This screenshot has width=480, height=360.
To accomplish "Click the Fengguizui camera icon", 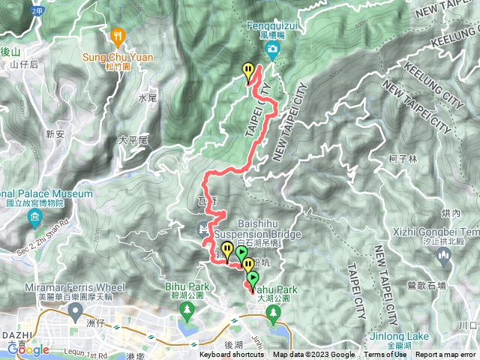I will pos(272,50).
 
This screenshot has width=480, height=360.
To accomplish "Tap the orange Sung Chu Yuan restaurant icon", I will pos(118,35).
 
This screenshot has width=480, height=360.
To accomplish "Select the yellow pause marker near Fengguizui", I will pos(248,71).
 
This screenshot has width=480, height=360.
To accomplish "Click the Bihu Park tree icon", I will pos(184,310).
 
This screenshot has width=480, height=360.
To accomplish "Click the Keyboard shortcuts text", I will pos(232,355).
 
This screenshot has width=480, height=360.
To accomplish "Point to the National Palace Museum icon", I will pos(34,219).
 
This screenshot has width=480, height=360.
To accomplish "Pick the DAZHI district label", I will pos(16,335).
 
